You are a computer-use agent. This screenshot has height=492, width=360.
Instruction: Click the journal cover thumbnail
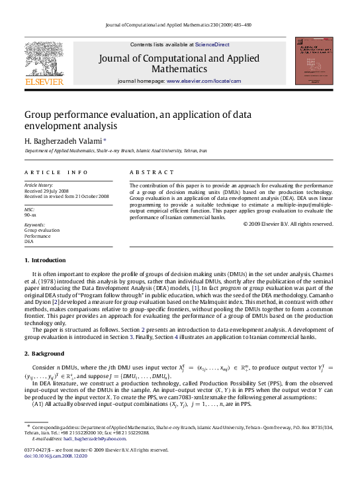click(314, 61)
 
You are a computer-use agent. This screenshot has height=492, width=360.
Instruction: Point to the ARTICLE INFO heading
click(56, 172)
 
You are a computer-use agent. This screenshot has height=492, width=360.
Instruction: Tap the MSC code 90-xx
click(30, 215)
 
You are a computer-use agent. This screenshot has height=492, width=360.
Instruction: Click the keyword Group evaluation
click(41, 230)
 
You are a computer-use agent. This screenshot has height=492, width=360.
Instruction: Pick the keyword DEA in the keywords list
click(28, 242)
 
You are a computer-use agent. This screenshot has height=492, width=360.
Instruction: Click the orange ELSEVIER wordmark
click(44, 81)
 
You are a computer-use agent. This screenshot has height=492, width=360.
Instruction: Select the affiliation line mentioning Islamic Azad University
click(116, 151)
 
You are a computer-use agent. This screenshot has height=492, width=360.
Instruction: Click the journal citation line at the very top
click(180, 25)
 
